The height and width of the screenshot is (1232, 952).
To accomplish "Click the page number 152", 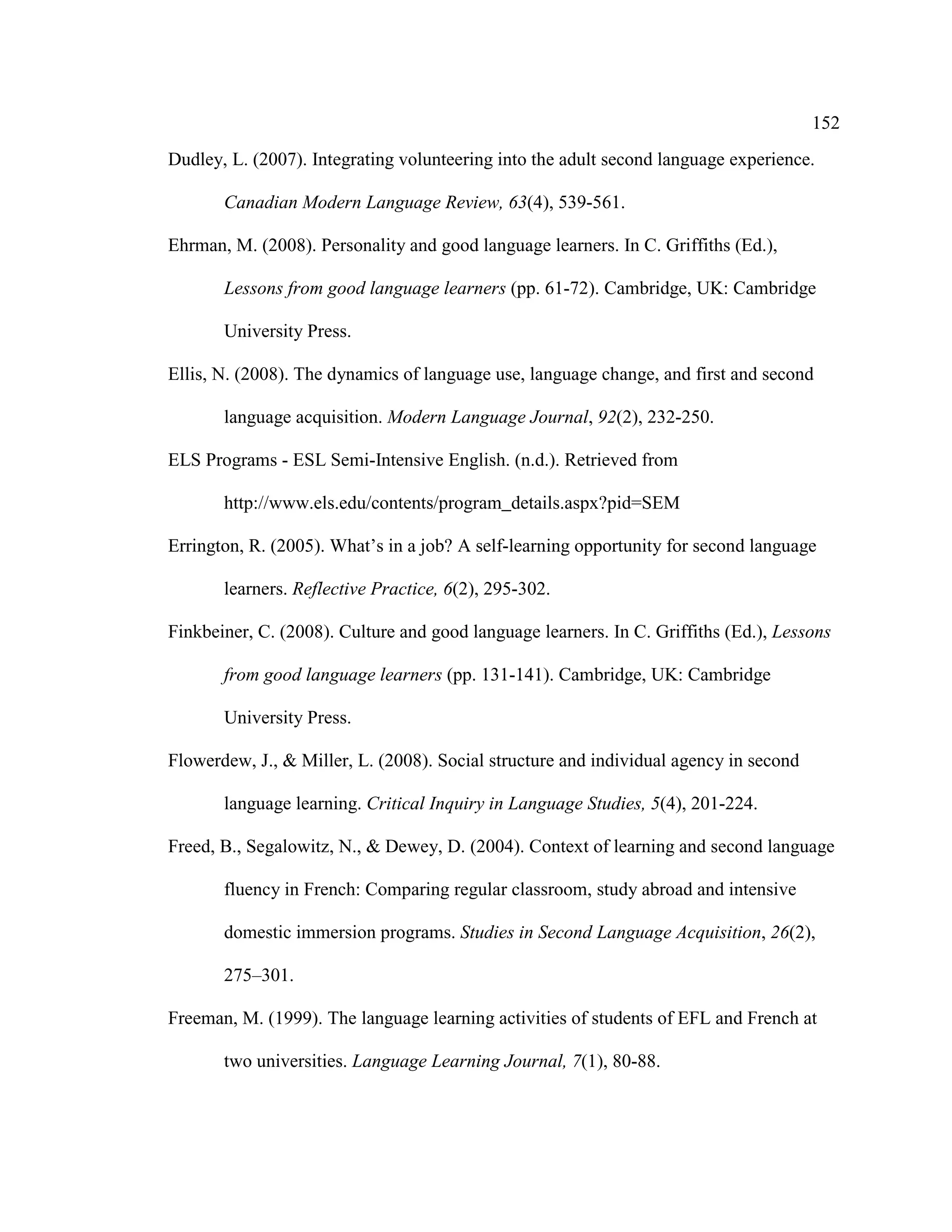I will pos(826,123).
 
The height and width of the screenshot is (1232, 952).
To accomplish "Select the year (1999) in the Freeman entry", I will pos(293,1018).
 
